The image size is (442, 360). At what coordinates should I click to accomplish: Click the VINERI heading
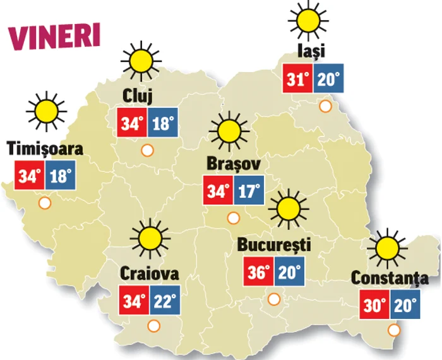click(54, 36)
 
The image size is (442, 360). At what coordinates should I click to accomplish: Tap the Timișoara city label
click(45, 149)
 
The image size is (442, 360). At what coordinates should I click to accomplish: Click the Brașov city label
click(233, 164)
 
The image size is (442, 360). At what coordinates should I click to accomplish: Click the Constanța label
click(390, 278)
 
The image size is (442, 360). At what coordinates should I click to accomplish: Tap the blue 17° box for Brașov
click(248, 191)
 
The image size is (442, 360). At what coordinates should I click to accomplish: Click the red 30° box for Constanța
click(374, 306)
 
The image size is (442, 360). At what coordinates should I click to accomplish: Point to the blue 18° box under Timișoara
click(60, 176)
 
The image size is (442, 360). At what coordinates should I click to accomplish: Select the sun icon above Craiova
click(150, 237)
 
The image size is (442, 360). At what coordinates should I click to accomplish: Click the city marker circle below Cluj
click(147, 150)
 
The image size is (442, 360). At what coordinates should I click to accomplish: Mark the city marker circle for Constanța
click(395, 329)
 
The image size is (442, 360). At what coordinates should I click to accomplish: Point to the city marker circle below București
click(274, 299)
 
